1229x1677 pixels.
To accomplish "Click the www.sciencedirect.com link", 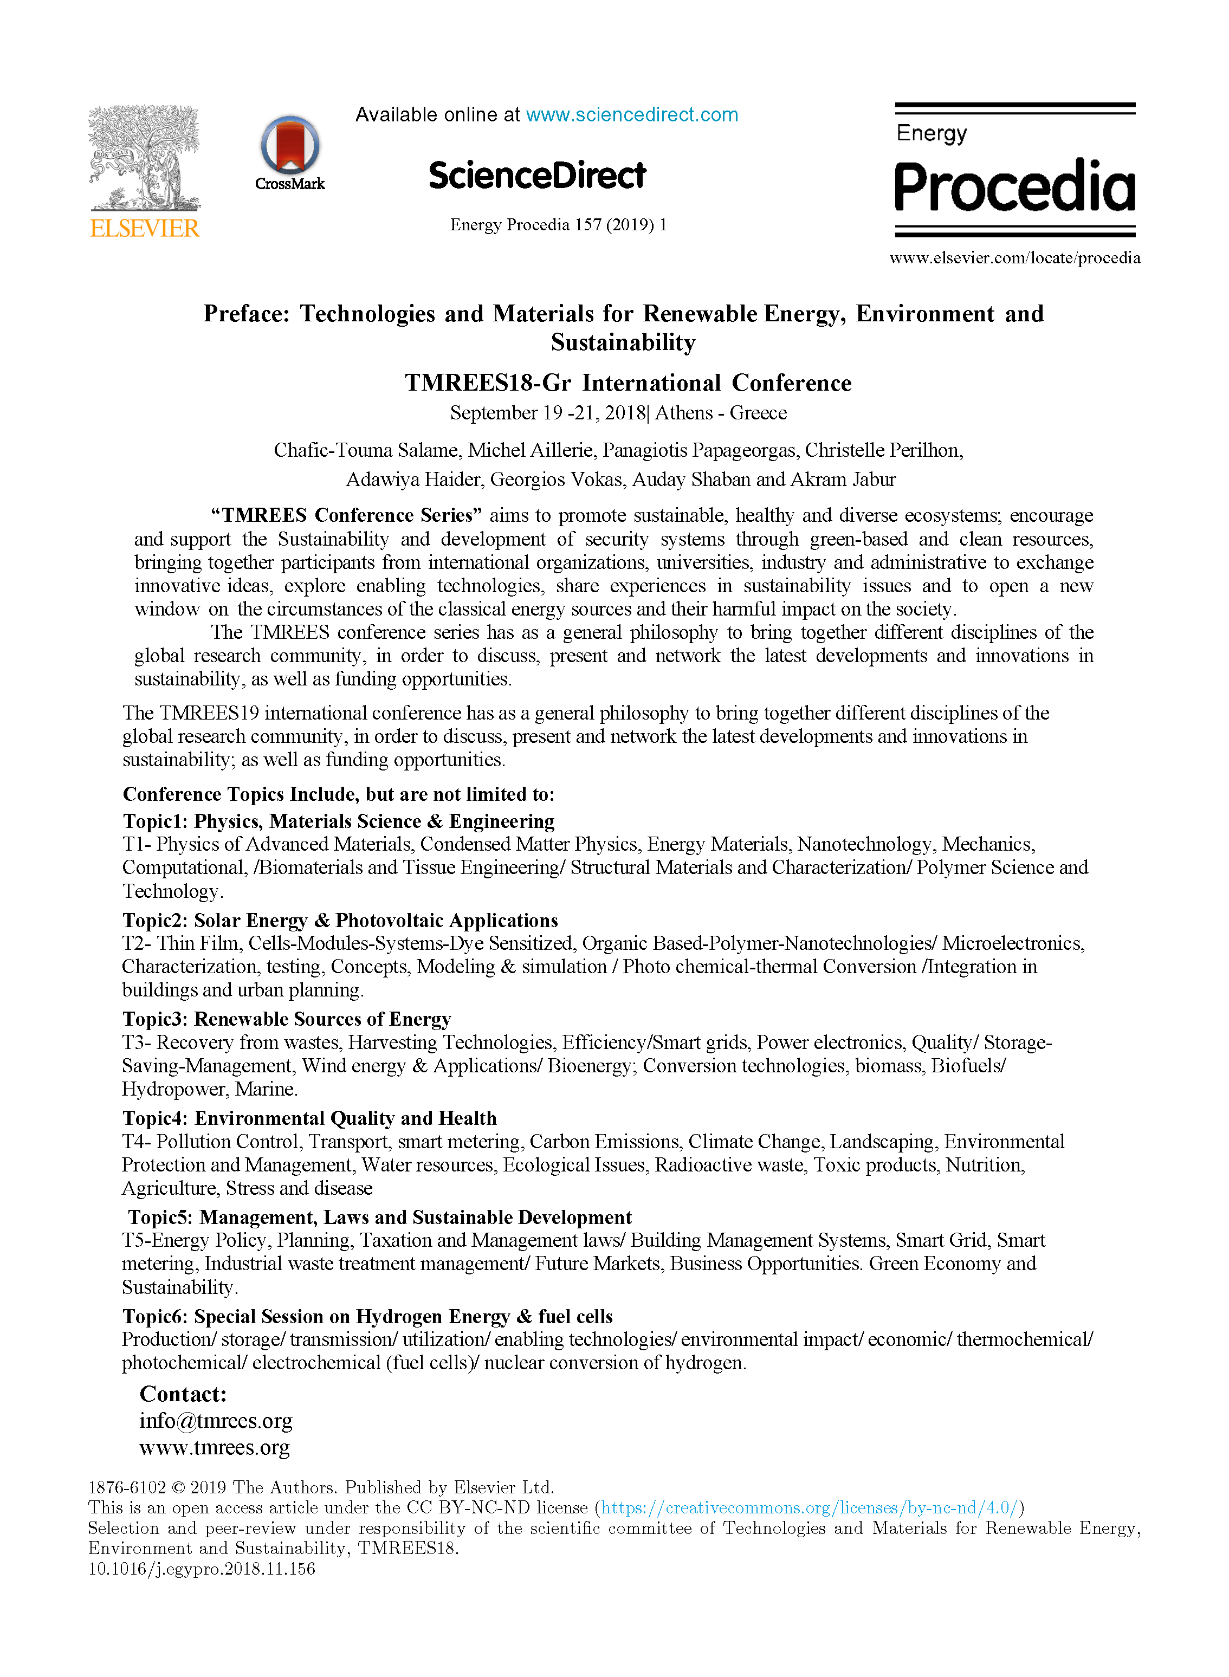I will point(632,114).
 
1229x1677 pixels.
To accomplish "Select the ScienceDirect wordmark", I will point(537,176).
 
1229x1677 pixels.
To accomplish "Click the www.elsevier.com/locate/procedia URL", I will point(1015,258).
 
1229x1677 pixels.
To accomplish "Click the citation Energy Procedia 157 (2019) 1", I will point(558,224).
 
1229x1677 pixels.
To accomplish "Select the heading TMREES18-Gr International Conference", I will point(628,383).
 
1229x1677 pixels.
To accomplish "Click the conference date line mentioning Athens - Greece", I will point(618,413).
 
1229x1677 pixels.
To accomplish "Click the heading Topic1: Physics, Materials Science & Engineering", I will point(339,821).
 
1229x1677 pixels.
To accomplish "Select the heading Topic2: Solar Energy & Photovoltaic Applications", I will point(340,921).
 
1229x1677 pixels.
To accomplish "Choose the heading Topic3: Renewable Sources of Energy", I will point(287,1019).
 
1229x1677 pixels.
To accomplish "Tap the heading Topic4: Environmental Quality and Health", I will point(309,1118).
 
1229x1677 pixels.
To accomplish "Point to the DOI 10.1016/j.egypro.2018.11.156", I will point(202,1569).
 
